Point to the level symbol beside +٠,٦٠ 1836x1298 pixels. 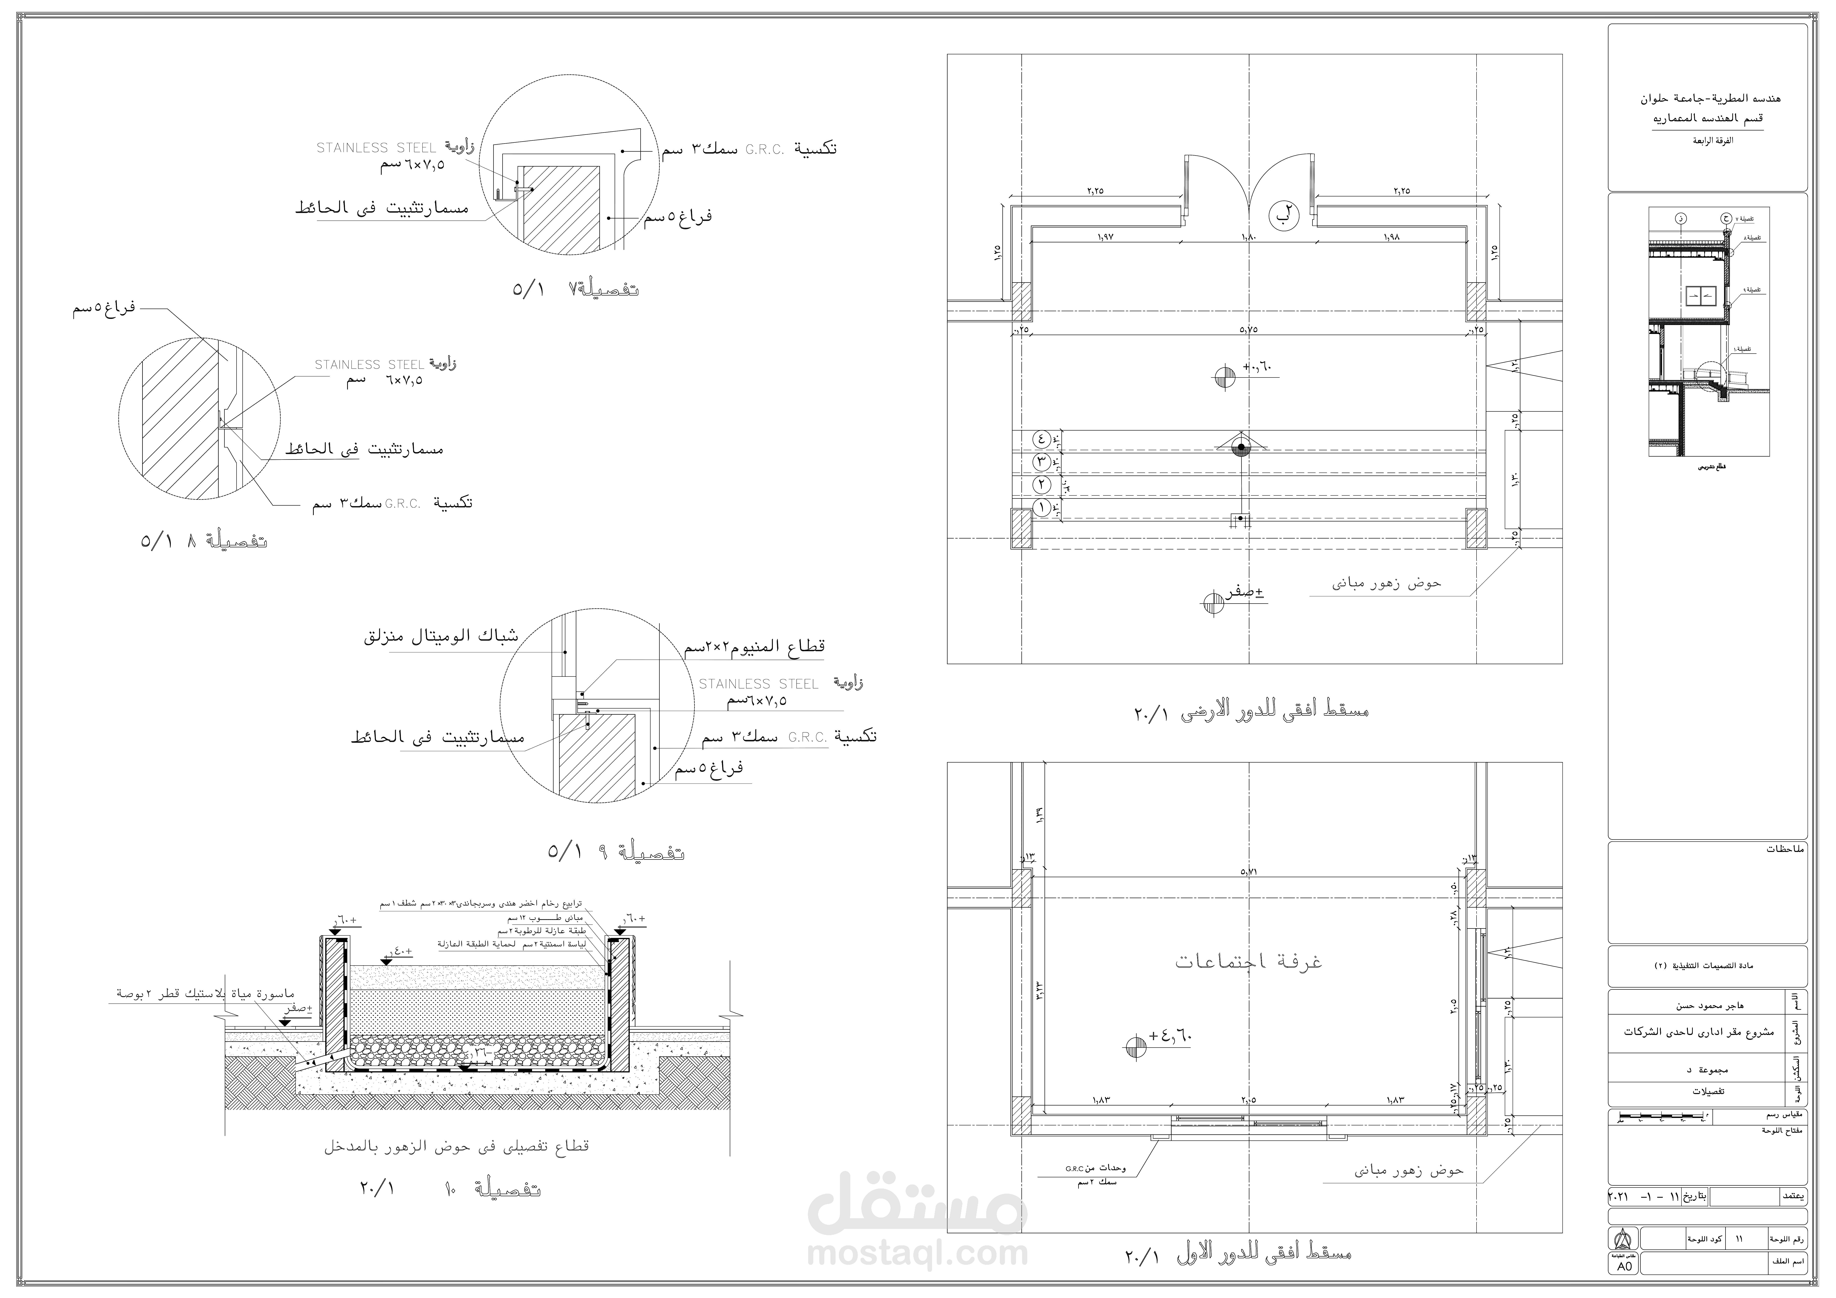pyautogui.click(x=1224, y=377)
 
